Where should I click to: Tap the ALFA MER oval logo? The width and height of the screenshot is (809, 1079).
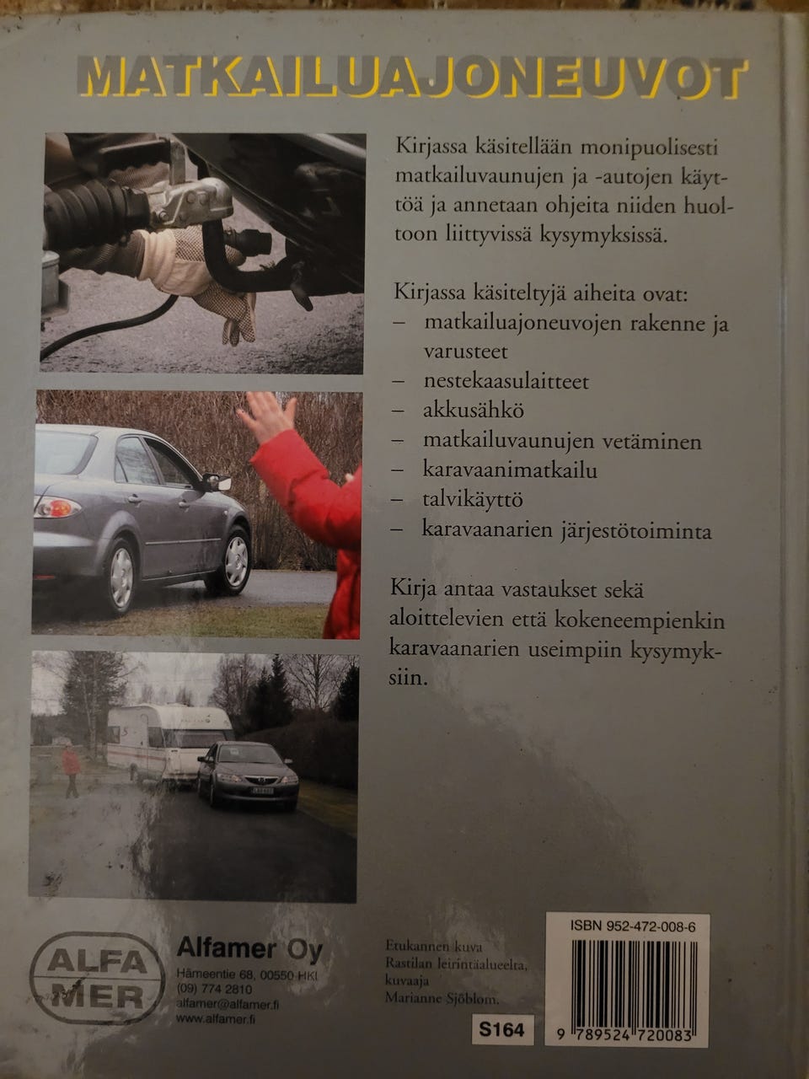tap(97, 978)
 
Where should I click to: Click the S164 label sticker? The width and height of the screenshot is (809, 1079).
tap(501, 1029)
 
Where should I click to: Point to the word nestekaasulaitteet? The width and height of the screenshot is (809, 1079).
tap(506, 381)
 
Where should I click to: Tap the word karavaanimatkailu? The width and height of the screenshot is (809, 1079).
tap(510, 470)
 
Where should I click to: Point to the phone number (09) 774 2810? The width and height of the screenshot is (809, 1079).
tap(214, 989)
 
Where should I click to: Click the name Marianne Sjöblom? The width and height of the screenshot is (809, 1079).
tap(441, 998)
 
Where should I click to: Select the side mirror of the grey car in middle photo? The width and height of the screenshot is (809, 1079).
tap(216, 482)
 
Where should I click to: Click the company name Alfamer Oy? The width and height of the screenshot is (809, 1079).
tap(249, 950)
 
